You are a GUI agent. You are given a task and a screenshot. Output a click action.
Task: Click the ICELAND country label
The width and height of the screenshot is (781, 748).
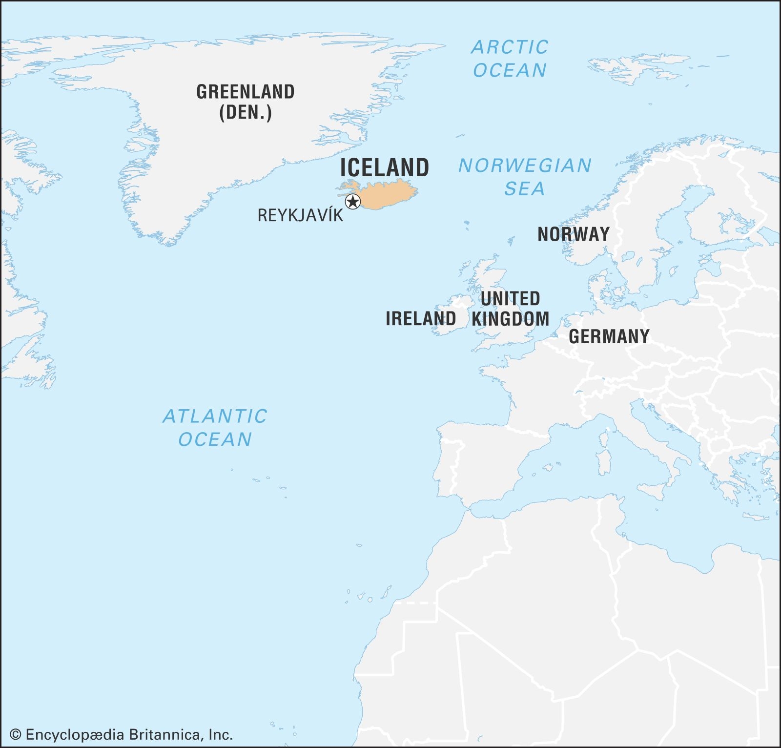[385, 167]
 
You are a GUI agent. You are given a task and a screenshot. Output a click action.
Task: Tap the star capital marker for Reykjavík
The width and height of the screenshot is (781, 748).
[352, 201]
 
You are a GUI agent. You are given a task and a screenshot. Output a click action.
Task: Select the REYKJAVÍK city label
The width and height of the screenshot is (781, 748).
[300, 215]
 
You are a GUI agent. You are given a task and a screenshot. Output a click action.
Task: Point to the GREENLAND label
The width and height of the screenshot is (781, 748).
[245, 92]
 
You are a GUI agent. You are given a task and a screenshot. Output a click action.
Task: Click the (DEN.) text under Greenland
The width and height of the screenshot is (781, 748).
[245, 113]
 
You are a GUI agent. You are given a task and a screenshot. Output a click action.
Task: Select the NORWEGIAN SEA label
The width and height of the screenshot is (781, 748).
[525, 177]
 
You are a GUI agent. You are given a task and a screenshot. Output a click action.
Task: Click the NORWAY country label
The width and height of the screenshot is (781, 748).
[574, 234]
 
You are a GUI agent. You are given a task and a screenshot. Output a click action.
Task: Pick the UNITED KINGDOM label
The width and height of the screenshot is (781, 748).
[510, 309]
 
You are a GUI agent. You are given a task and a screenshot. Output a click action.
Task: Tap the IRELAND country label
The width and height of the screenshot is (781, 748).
[421, 319]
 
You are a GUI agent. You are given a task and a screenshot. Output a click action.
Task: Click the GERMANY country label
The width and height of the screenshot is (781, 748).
[609, 336]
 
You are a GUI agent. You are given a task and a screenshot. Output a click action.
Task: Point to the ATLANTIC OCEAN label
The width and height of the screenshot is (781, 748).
[215, 428]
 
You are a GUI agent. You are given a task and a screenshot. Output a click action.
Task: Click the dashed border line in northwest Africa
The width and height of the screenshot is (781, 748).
[415, 603]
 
